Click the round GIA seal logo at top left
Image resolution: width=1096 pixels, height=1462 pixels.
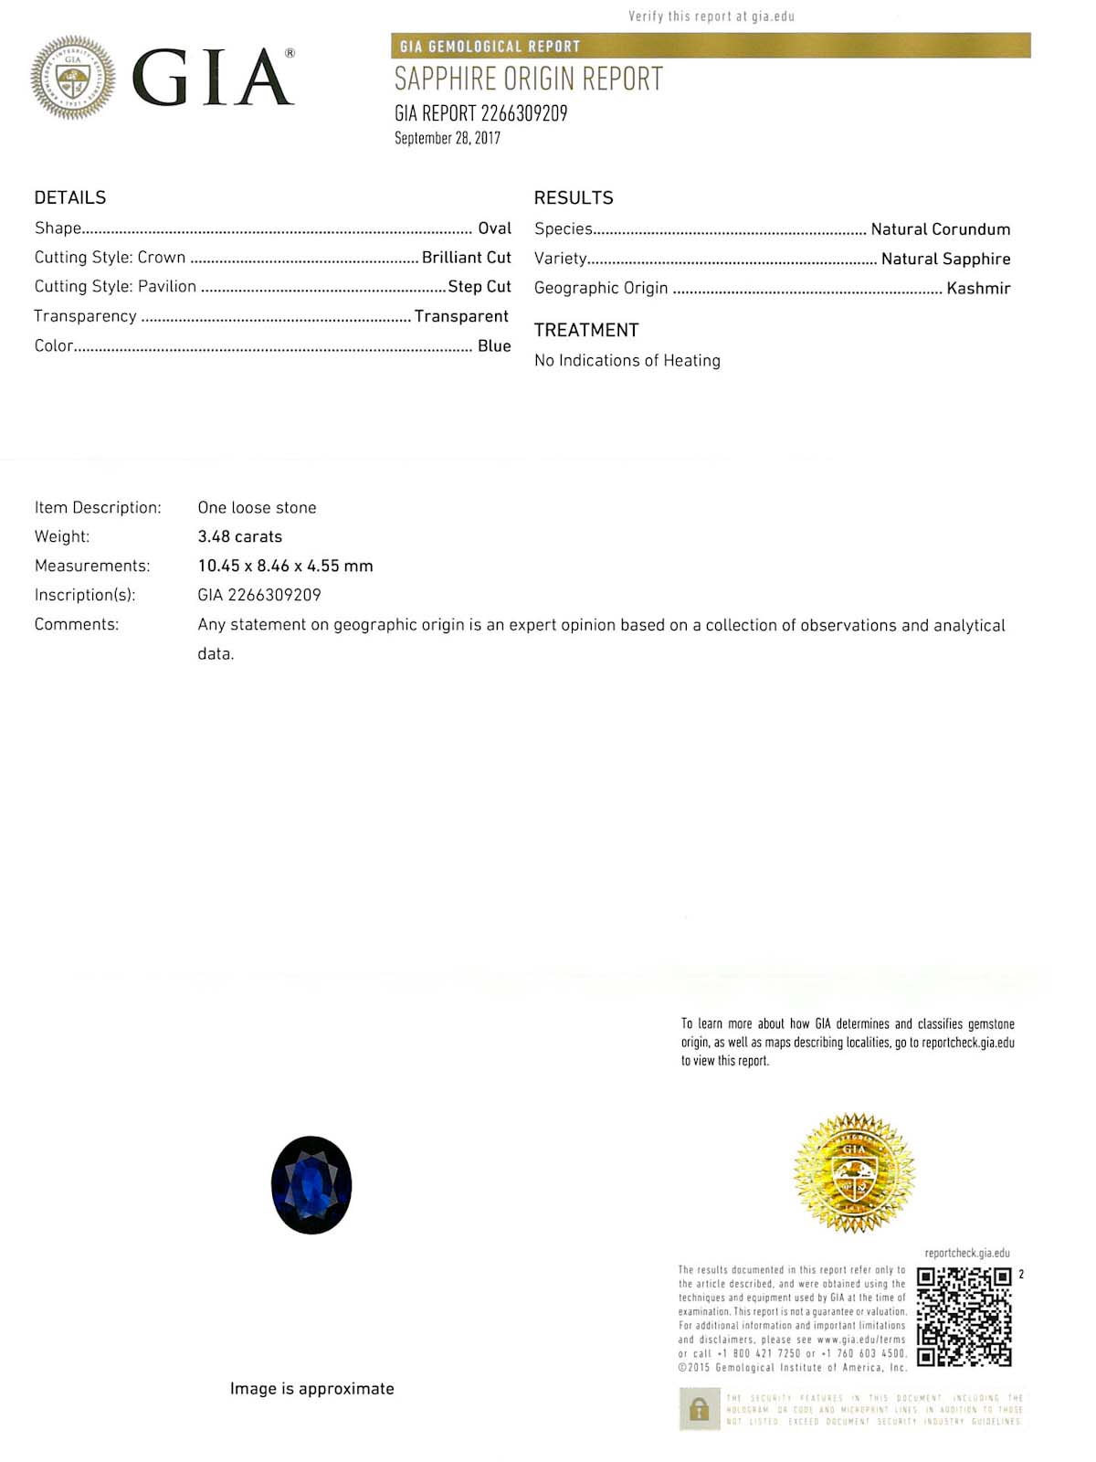point(73,78)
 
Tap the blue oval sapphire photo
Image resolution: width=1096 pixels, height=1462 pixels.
point(311,1185)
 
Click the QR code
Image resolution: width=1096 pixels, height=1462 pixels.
point(964,1317)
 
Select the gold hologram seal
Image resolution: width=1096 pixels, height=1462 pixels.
point(854,1172)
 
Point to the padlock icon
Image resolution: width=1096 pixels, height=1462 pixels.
point(700,1409)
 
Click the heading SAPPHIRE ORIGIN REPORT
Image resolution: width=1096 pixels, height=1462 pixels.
point(529,79)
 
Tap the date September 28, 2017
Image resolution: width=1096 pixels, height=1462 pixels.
point(448,138)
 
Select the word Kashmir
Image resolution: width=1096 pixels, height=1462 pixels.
point(978,288)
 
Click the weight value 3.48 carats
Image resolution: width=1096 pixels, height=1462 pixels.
point(240,536)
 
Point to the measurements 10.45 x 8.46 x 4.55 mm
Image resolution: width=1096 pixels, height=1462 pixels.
point(285,566)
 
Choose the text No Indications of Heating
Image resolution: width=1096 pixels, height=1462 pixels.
point(627,360)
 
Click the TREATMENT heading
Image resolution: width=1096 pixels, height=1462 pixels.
point(586,330)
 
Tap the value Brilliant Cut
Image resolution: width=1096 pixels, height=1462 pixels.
point(466,257)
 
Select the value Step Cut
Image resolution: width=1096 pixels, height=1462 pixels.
point(479,286)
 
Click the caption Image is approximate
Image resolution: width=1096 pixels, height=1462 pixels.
point(312,1388)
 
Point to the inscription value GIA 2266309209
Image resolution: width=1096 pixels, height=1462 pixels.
point(259,595)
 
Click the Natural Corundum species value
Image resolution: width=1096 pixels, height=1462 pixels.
point(941,228)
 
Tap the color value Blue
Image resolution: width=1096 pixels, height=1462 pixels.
point(494,345)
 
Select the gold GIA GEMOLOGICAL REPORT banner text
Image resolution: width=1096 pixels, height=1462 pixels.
point(490,46)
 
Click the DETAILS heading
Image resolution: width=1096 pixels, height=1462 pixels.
point(70,197)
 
